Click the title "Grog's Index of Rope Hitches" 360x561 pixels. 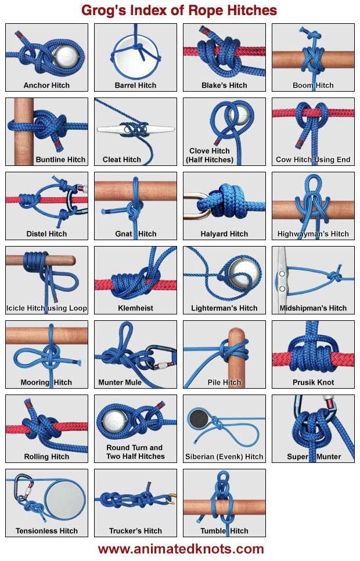(x=179, y=10)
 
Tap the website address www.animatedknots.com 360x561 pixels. (x=181, y=549)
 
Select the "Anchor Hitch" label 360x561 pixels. (x=46, y=85)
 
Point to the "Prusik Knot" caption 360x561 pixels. (x=313, y=382)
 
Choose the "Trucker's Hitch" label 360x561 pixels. (x=135, y=531)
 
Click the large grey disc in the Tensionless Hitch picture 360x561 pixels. (x=66, y=500)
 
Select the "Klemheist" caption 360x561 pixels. (x=135, y=308)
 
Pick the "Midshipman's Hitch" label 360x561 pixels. (x=313, y=308)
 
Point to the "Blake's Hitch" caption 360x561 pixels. (x=224, y=85)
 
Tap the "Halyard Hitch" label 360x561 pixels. (x=224, y=234)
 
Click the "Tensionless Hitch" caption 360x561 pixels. (x=46, y=531)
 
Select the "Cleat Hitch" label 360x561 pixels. (x=122, y=160)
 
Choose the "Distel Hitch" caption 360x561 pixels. (x=46, y=234)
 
